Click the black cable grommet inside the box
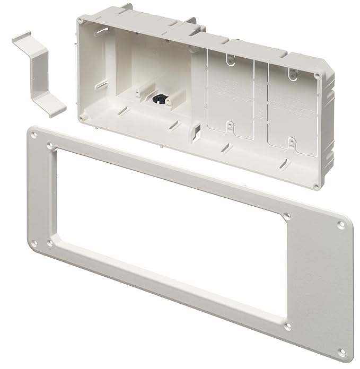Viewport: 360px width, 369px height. point(159,98)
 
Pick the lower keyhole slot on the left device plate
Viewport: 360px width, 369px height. point(229,126)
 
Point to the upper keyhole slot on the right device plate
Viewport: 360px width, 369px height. point(291,74)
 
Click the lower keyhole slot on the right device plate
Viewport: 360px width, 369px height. point(292,142)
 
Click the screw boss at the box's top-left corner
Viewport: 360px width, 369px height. point(80,20)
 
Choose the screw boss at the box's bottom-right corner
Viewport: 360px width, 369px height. point(316,186)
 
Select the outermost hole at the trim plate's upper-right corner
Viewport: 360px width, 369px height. point(341,224)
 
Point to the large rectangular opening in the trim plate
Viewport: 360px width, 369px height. point(170,233)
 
